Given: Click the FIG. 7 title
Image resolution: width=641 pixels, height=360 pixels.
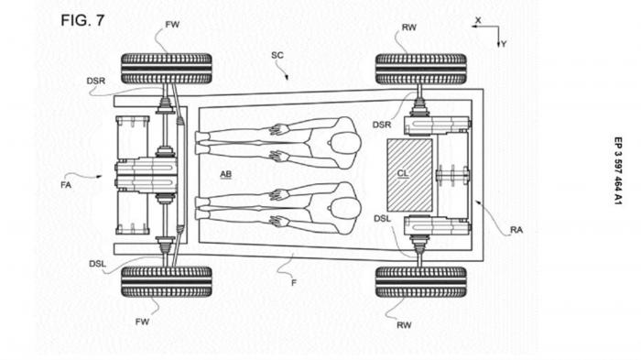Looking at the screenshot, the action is tap(82, 20).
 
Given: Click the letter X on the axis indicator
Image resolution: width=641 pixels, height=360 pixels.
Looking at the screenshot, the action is tap(478, 20).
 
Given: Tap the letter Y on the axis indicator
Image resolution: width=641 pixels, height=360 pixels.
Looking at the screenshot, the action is tap(504, 44).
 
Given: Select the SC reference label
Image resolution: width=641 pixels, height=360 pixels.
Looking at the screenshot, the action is tap(277, 55).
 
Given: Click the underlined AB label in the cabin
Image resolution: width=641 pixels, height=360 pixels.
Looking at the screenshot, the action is tap(225, 174).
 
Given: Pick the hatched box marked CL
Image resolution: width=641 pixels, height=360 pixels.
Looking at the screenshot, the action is tap(409, 175).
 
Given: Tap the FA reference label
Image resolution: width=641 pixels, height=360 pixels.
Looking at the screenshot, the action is tap(66, 185).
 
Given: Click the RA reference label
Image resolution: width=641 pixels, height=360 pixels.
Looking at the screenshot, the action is tap(516, 230).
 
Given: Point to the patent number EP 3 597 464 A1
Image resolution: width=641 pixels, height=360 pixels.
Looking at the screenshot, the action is tap(618, 170).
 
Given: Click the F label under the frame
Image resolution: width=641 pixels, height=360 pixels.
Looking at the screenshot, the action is tap(294, 283).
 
